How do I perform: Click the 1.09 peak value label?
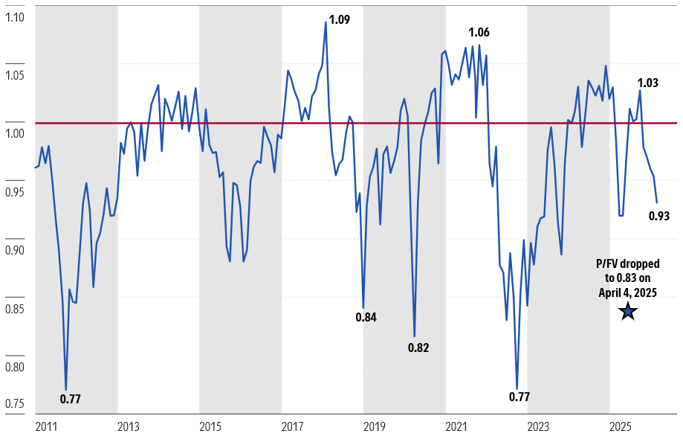pyautogui.click(x=339, y=20)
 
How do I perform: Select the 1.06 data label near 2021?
pyautogui.click(x=479, y=32)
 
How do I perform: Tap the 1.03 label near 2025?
pyautogui.click(x=648, y=83)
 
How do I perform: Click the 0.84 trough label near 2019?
pyautogui.click(x=366, y=317)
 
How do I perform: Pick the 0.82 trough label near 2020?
pyautogui.click(x=418, y=348)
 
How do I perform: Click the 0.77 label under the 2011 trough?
pyautogui.click(x=70, y=399)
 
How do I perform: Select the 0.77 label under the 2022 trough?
pyautogui.click(x=519, y=397)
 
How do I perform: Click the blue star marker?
pyautogui.click(x=628, y=311)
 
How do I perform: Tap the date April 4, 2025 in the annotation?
pyautogui.click(x=628, y=292)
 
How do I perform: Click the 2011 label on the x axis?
pyautogui.click(x=46, y=427)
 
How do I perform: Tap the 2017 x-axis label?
pyautogui.click(x=292, y=427)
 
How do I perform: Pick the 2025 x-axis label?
pyautogui.click(x=621, y=427)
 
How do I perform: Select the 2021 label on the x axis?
pyautogui.click(x=456, y=427)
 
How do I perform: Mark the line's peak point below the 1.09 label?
pyautogui.click(x=326, y=22)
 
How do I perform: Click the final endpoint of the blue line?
pyautogui.click(x=657, y=202)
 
